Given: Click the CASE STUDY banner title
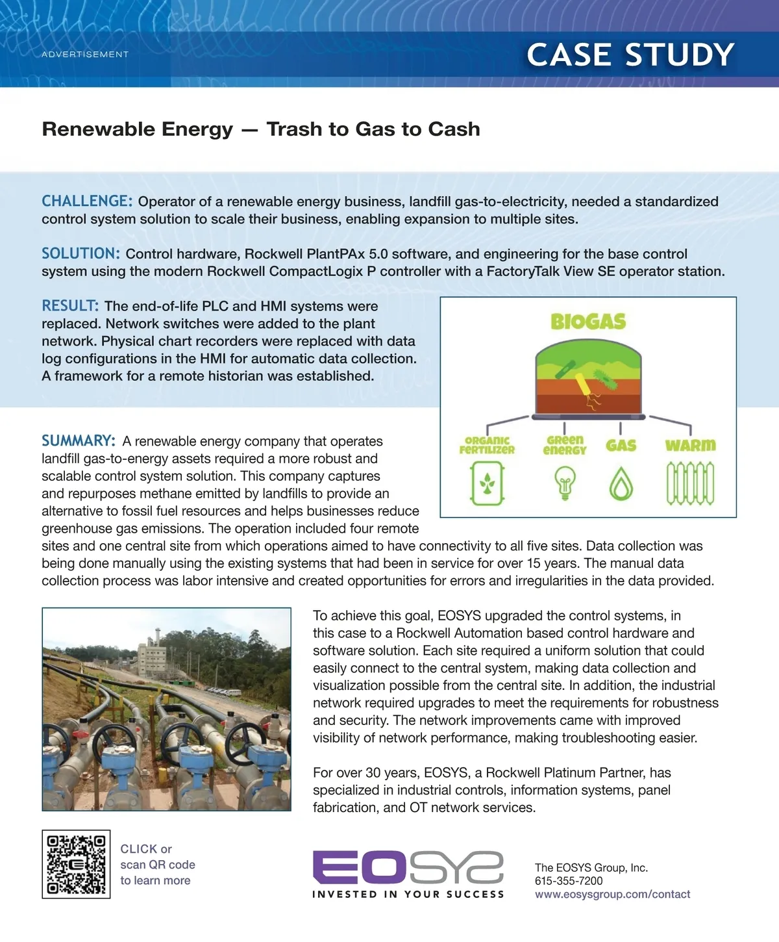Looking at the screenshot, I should [x=630, y=55].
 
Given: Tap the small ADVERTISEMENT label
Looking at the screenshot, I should [x=85, y=55].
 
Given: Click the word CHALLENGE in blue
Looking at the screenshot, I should [x=87, y=201].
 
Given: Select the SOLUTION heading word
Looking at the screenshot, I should [x=80, y=253].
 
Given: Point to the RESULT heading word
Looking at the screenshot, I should [x=70, y=306].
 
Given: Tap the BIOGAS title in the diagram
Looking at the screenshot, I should [x=588, y=322].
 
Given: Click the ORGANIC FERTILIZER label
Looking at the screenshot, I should [x=487, y=445].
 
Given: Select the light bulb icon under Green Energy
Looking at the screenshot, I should [x=565, y=484].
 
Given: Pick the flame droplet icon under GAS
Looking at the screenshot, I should [x=621, y=483].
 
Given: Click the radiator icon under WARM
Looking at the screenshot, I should [x=690, y=484].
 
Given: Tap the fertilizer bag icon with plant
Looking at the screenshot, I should [x=488, y=483].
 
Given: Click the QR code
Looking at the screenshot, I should [x=76, y=864].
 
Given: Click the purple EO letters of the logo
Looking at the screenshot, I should [x=360, y=867].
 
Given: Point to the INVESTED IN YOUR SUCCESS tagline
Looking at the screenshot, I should [x=408, y=895].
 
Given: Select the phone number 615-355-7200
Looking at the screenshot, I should [x=569, y=881].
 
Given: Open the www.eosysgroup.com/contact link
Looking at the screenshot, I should [x=612, y=895].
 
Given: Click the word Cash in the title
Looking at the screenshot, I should [x=454, y=129].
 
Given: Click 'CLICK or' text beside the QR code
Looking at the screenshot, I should [x=146, y=849].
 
